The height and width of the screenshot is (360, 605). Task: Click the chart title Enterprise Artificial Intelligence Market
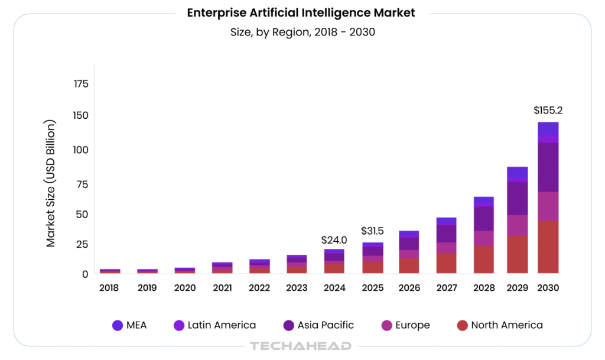(301, 13)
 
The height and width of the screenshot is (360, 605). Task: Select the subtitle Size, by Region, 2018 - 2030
(302, 32)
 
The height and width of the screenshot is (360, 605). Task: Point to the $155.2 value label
(548, 111)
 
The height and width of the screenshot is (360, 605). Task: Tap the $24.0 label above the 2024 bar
(334, 240)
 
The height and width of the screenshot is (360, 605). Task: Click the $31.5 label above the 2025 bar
(373, 231)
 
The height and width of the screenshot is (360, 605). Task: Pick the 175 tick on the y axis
(82, 84)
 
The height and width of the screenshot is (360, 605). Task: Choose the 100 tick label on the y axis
(82, 150)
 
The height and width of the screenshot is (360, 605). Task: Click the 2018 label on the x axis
(109, 288)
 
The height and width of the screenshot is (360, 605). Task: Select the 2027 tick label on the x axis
(446, 288)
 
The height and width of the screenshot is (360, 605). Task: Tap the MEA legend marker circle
(117, 325)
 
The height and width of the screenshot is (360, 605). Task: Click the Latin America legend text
(222, 325)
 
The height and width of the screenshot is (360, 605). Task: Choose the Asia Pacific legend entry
(326, 325)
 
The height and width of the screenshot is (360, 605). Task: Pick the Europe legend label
(413, 325)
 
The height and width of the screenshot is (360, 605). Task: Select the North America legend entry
(506, 325)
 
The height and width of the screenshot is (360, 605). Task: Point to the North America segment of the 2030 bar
(548, 247)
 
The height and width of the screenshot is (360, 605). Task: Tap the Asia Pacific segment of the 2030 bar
(548, 167)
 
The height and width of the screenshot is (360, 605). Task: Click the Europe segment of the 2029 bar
(517, 225)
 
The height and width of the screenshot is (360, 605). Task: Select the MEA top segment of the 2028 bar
(483, 200)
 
